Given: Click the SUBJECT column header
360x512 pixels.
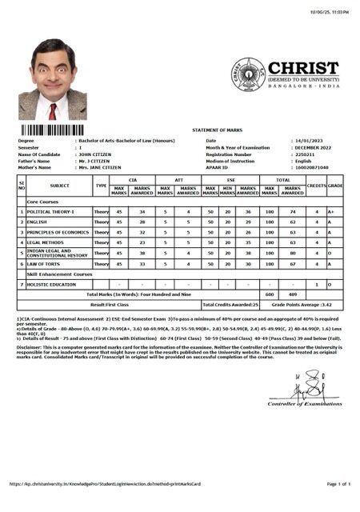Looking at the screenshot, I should (59, 185).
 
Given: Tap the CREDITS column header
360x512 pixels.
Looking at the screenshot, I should (316, 185).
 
